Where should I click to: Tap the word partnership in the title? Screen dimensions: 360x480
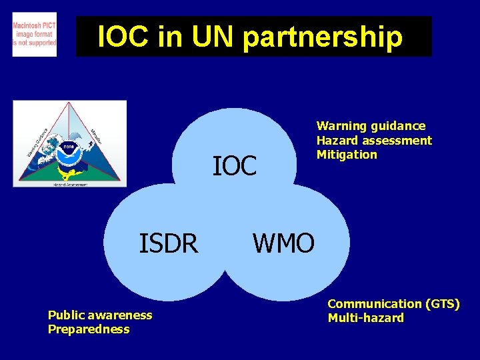323,38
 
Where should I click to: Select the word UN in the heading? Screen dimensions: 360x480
210,37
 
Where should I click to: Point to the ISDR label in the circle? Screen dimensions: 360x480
168,244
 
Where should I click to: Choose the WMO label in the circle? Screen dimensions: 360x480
283,244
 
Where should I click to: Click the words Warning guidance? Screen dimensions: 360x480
371,126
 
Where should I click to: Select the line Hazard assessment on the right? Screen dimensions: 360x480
374,141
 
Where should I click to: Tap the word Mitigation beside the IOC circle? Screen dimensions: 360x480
347,155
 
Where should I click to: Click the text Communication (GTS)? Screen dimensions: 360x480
393,304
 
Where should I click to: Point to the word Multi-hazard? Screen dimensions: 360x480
365,318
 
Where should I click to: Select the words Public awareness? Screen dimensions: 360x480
100,315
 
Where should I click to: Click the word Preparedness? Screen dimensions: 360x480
89,329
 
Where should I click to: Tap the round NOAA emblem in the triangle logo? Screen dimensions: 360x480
69,149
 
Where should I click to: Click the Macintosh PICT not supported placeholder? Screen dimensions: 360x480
35,35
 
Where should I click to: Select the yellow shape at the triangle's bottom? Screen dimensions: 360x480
69,173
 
